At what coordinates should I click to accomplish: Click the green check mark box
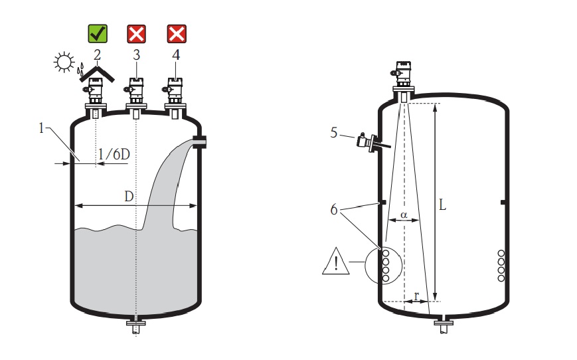pyautogui.click(x=98, y=33)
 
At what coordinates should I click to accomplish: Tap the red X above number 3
pyautogui.click(x=136, y=33)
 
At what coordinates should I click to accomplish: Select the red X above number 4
pyautogui.click(x=176, y=33)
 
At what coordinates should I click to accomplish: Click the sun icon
pyautogui.click(x=64, y=63)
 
